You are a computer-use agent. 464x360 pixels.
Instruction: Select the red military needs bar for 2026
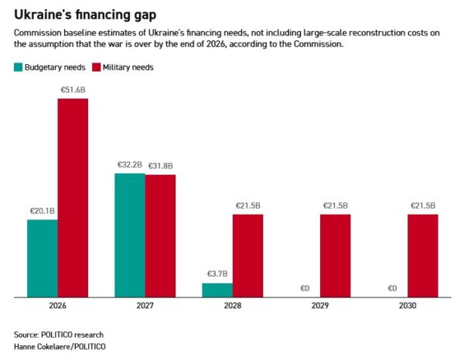tap(73, 197)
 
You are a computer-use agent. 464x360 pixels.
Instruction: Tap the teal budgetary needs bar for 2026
tap(43, 257)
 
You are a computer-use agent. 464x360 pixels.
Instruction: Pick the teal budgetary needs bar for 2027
tap(130, 234)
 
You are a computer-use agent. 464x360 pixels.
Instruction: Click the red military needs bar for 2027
tap(160, 235)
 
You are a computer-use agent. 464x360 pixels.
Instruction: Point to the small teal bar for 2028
tap(217, 289)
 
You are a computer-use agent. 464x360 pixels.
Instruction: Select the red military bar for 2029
tap(335, 255)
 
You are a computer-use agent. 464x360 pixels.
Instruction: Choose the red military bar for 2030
tap(422, 255)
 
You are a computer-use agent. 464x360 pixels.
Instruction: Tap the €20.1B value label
tap(43, 211)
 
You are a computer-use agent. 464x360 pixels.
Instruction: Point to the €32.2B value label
tap(130, 165)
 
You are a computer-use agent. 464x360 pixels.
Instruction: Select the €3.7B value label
tap(217, 273)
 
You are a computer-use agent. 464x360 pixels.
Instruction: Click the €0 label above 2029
tap(305, 288)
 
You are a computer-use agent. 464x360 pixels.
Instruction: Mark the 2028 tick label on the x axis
tap(233, 307)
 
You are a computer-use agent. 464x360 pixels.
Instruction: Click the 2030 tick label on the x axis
tap(408, 307)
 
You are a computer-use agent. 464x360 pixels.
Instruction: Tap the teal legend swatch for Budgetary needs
tap(18, 67)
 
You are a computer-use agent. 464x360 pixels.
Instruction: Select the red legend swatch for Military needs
tap(97, 67)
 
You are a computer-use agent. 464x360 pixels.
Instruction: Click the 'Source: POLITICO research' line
tap(58, 335)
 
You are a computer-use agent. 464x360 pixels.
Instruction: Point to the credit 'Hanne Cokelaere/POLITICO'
tap(59, 347)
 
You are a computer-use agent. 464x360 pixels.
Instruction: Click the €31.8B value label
tap(160, 165)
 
